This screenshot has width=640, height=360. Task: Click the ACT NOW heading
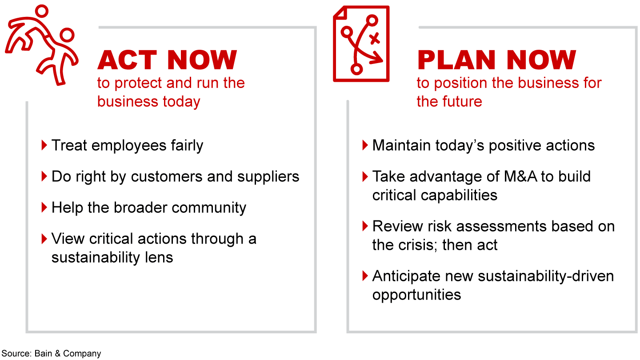point(167,60)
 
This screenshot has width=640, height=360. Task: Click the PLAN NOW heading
point(496,60)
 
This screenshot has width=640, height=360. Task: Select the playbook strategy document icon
point(361,44)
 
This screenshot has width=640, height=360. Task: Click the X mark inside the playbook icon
point(374,39)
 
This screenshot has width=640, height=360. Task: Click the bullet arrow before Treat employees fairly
point(44,145)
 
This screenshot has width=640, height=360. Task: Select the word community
point(209,208)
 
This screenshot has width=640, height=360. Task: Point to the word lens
point(159,257)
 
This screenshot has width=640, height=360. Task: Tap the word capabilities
point(459,196)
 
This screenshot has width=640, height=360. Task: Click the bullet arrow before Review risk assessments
point(365,226)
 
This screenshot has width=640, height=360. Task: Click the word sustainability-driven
point(546,276)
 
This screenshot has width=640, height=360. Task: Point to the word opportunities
point(416,295)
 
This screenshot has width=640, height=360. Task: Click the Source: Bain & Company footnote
point(51,353)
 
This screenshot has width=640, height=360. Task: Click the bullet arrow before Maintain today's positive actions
point(365,145)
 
